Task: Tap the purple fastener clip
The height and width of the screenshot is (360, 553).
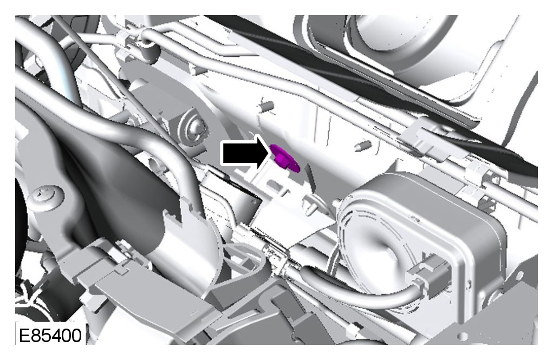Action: [284, 158]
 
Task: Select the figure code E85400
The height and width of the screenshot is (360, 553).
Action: [50, 335]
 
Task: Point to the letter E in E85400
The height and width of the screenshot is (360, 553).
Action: [24, 335]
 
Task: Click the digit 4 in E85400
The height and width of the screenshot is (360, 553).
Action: [56, 335]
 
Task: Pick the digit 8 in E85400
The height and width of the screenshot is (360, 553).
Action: [35, 335]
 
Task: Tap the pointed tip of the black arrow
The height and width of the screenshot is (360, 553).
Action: [271, 153]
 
